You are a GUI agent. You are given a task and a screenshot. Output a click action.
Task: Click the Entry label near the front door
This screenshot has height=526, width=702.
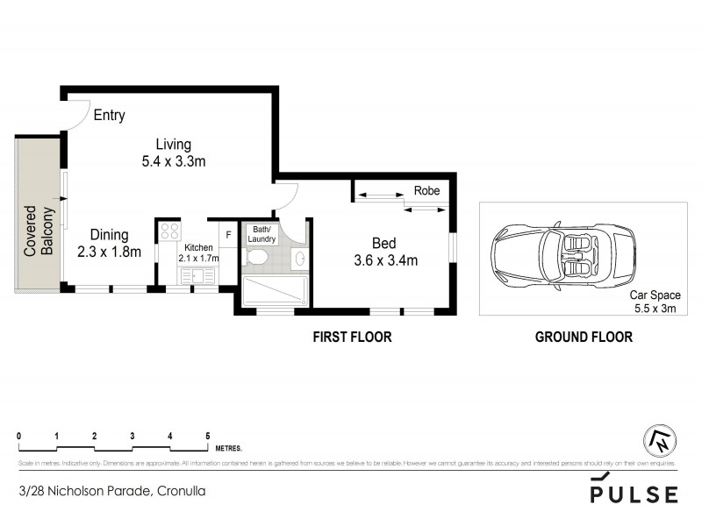[x=110, y=115]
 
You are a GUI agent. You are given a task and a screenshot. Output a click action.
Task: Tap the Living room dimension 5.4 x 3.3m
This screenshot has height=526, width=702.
[x=173, y=161]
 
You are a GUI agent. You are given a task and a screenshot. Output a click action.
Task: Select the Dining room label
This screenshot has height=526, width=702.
[x=109, y=235]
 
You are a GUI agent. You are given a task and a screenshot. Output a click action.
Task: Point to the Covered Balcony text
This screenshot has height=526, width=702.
[x=39, y=231]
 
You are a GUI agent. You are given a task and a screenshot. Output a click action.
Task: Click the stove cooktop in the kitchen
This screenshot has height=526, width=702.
[x=169, y=232]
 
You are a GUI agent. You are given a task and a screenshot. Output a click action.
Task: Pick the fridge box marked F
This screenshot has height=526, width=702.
[x=228, y=234]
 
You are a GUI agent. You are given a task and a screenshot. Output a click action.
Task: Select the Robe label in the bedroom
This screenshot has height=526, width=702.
[x=426, y=190]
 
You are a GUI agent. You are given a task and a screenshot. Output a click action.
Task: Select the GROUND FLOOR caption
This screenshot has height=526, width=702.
[x=584, y=337]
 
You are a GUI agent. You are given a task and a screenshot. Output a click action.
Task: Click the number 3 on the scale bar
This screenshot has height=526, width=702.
[x=132, y=435]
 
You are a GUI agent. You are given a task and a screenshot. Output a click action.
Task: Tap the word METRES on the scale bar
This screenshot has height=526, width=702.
[x=228, y=445]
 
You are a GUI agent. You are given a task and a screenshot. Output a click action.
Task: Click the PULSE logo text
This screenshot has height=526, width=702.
[x=633, y=494]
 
